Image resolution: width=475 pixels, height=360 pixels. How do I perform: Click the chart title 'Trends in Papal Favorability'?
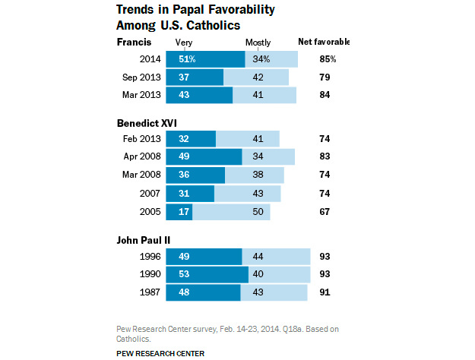(195, 10)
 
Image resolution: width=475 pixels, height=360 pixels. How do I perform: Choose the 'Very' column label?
(183, 43)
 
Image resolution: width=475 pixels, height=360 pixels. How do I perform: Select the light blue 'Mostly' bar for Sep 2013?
(256, 77)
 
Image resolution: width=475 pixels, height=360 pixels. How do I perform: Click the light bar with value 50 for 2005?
(232, 211)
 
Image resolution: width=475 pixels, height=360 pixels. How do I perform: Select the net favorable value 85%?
(328, 58)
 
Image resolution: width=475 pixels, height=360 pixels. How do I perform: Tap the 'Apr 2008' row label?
(140, 156)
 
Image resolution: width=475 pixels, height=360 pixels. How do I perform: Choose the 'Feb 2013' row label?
(140, 138)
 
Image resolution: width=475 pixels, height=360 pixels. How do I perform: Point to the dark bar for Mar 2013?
(198, 95)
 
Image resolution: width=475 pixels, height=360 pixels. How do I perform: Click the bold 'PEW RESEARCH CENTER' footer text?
(160, 353)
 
